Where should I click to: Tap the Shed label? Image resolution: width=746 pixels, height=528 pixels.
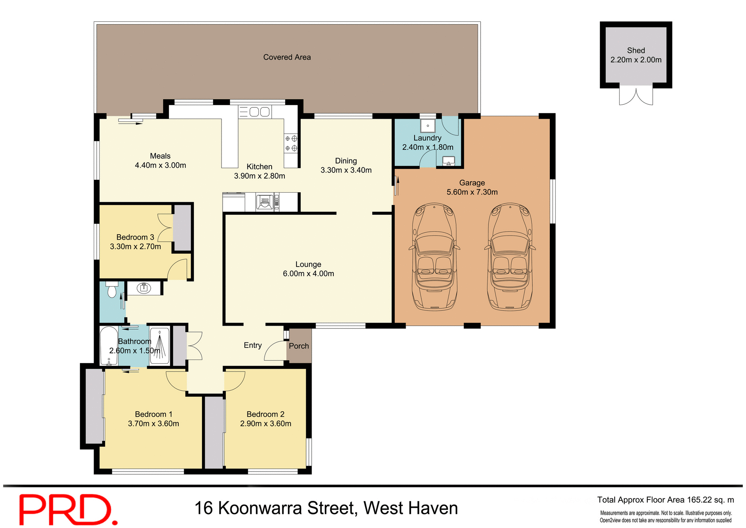[636, 51]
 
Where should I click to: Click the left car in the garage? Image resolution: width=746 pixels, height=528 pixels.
[434, 257]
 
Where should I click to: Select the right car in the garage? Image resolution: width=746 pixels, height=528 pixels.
[510, 257]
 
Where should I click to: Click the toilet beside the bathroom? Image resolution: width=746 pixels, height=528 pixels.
[112, 290]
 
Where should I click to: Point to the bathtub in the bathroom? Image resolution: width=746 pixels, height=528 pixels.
[109, 346]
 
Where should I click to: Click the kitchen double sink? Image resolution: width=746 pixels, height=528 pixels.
[259, 112]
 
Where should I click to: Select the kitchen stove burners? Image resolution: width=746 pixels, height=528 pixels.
[291, 143]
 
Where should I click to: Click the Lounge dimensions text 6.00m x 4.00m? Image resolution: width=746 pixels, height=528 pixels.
[308, 274]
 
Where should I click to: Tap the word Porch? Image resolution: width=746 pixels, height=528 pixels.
[299, 346]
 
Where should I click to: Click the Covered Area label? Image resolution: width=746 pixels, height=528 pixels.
[287, 57]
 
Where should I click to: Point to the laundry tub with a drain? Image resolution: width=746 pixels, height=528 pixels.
[427, 126]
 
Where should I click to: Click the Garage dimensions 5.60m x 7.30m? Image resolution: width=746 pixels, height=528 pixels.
[472, 192]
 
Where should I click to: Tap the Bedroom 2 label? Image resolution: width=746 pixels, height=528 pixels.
[265, 414]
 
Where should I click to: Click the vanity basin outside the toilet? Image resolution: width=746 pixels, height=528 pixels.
[144, 288]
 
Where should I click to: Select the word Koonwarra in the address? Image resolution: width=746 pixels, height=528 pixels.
[260, 508]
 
